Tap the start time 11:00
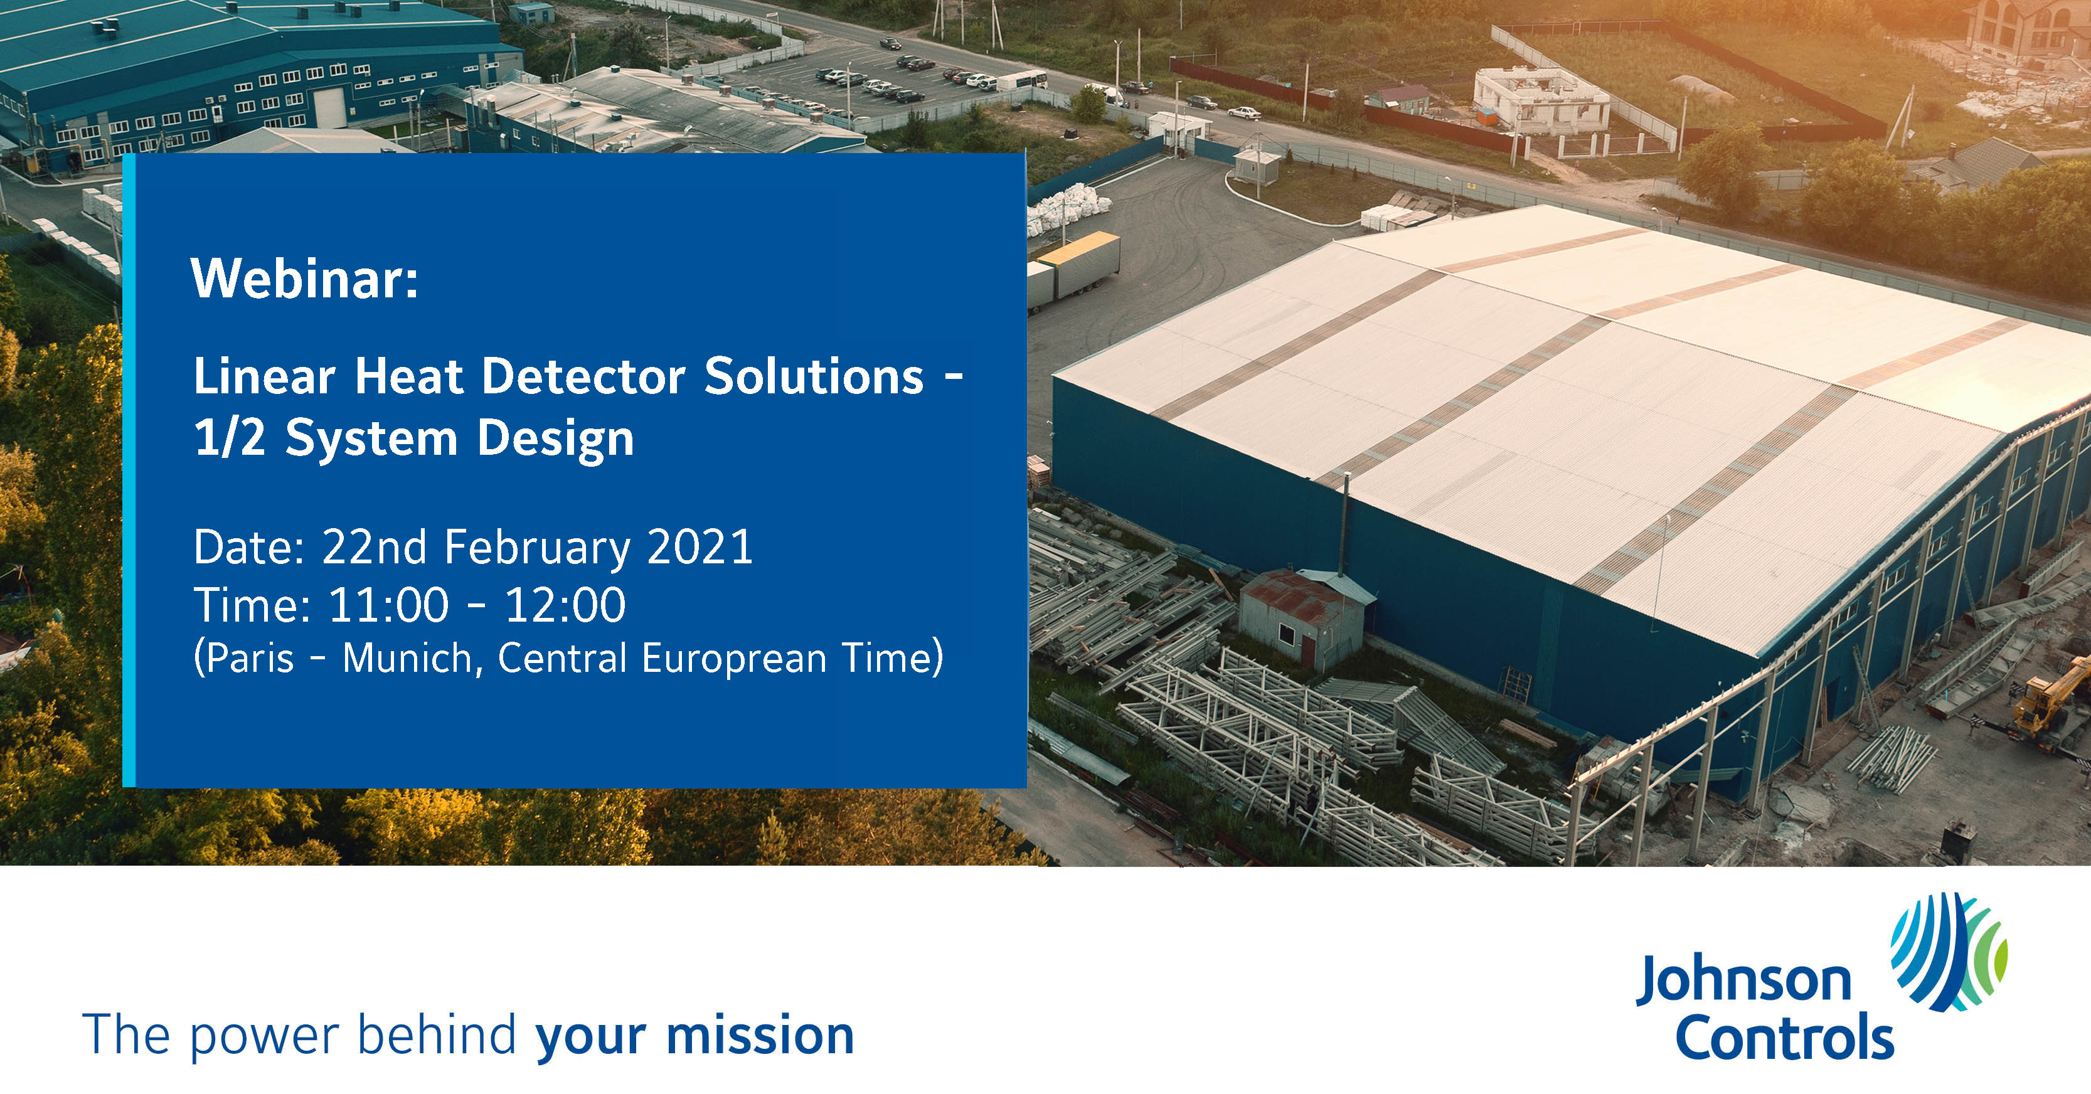tap(388, 605)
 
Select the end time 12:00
tap(565, 605)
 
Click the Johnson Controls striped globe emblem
tap(1948, 951)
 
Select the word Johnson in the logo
tap(1743, 980)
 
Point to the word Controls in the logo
tap(1784, 1036)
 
